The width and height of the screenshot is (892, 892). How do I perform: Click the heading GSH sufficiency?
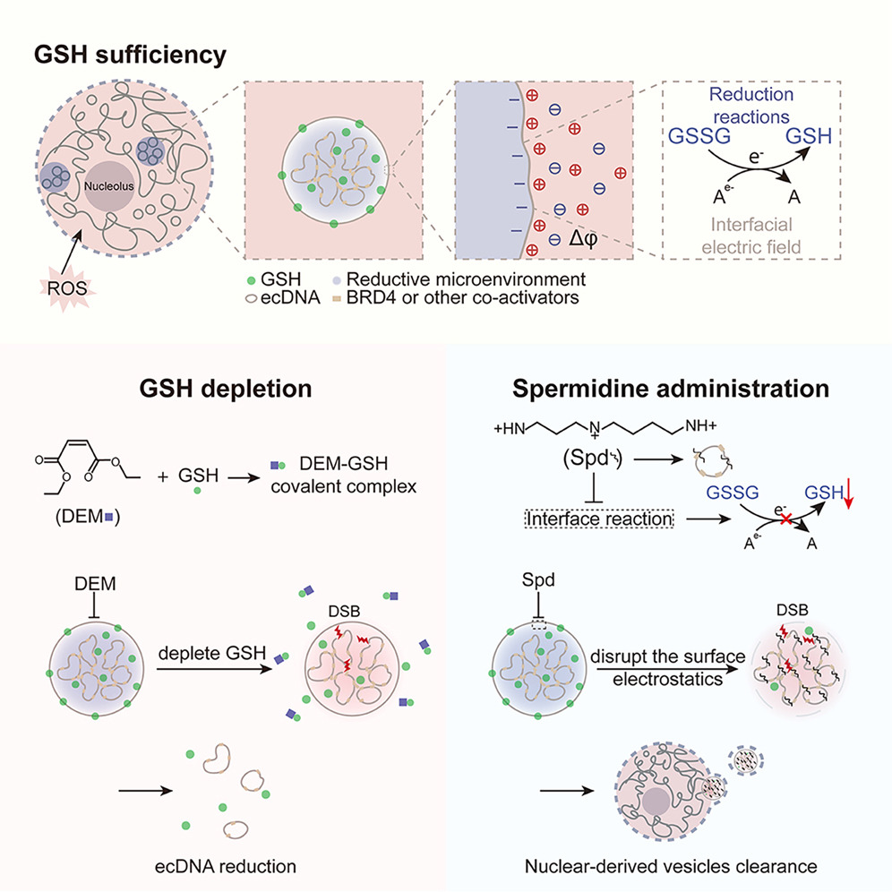tap(130, 56)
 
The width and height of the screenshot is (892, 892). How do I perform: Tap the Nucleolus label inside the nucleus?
tap(108, 186)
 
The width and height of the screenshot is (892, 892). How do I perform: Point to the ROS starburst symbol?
tap(67, 288)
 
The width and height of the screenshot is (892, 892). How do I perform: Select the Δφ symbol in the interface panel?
tap(583, 238)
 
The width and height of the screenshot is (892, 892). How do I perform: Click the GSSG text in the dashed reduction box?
tap(699, 136)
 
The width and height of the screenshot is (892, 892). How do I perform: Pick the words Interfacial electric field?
tap(750, 236)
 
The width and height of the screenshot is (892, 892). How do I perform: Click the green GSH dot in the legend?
tap(251, 280)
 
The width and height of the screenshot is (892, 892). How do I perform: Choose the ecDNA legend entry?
tap(283, 297)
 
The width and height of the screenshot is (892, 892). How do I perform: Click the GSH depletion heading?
tap(226, 389)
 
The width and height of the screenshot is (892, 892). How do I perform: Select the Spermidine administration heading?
tap(671, 389)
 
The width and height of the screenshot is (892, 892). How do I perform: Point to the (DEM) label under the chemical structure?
tap(88, 517)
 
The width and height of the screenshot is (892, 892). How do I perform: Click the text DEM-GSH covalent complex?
tap(344, 475)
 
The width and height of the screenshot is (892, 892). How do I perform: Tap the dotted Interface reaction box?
tap(599, 519)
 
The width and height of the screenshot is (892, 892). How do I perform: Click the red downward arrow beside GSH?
tap(848, 493)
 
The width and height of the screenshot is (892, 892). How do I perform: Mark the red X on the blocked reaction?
tap(785, 519)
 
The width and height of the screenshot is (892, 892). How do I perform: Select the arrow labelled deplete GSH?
tap(214, 670)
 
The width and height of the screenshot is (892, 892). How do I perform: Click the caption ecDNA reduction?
tap(226, 866)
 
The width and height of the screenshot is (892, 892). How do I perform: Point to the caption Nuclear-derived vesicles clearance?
tap(671, 866)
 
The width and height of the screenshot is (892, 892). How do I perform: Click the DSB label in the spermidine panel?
tap(792, 611)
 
